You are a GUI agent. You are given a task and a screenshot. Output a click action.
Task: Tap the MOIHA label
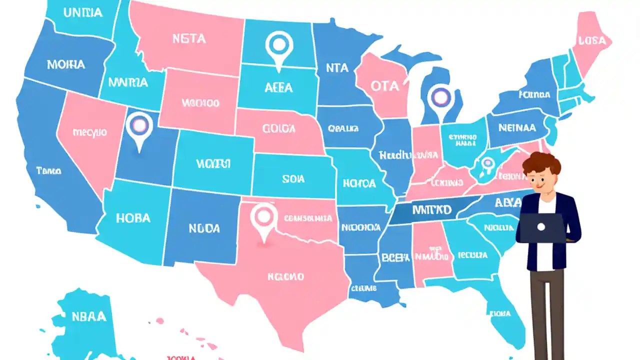tap(66, 64)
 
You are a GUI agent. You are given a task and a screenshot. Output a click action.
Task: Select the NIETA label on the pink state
tap(189, 38)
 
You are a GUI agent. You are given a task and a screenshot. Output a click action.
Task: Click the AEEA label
tap(278, 87)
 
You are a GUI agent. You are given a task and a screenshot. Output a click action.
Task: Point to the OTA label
tap(385, 86)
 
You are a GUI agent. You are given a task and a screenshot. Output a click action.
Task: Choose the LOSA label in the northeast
tap(594, 41)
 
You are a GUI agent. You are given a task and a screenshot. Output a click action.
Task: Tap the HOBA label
tap(133, 218)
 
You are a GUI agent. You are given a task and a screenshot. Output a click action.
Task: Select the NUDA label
tap(204, 228)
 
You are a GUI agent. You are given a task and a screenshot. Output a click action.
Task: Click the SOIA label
tap(293, 178)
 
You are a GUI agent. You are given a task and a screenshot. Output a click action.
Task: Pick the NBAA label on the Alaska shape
tap(88, 316)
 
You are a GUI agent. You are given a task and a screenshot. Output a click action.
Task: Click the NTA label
tap(337, 68)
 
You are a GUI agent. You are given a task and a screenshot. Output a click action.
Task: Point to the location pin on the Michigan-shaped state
tap(440, 97)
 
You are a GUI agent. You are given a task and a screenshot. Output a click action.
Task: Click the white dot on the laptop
tap(541, 227)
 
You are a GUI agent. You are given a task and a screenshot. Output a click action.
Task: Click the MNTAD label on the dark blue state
tap(431, 209)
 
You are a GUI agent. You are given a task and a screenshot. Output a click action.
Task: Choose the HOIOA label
tap(359, 183)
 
